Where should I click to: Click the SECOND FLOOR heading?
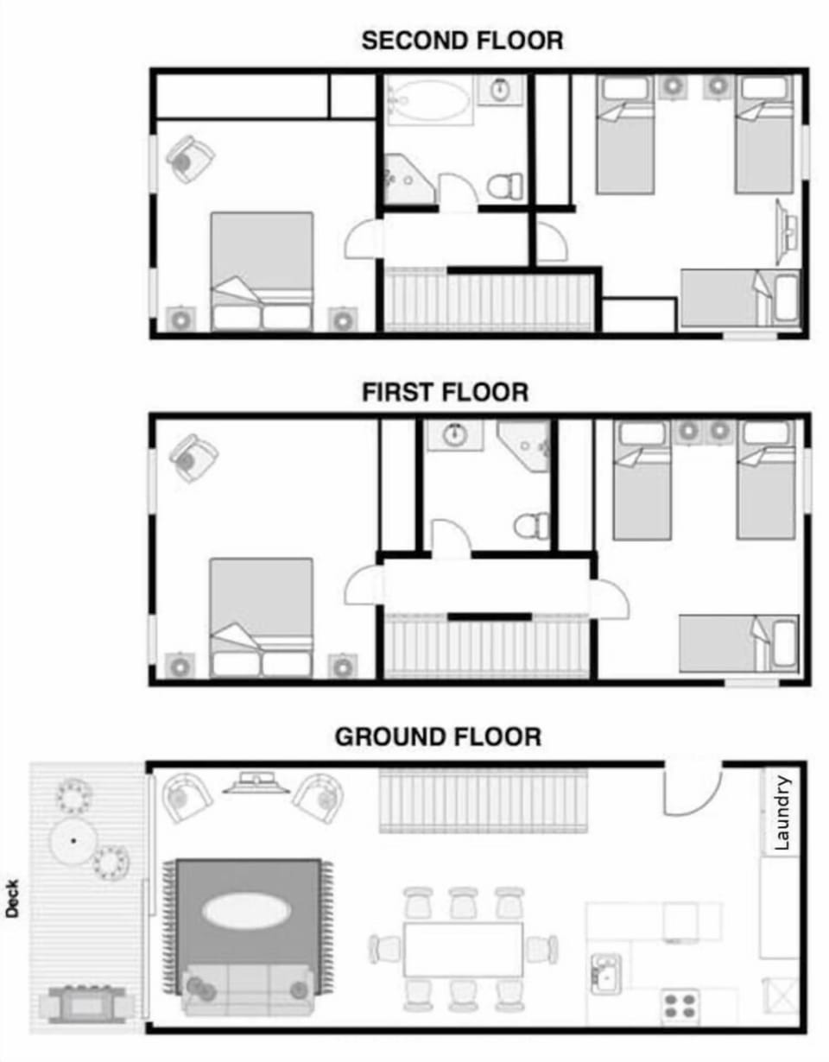[x=462, y=41]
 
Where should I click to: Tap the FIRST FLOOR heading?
[x=445, y=393]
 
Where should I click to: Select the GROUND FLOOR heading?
[x=438, y=737]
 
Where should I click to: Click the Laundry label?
[x=783, y=813]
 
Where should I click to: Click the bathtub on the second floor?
[x=429, y=99]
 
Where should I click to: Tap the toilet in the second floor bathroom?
[x=504, y=185]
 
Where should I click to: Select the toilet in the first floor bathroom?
[x=531, y=525]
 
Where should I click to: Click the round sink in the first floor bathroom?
[x=456, y=435]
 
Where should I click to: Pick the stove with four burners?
[x=680, y=1007]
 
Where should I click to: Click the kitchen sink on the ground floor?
[x=606, y=974]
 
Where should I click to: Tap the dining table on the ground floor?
[x=463, y=949]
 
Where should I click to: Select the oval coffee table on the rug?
[x=245, y=910]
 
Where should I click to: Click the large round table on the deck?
[x=73, y=839]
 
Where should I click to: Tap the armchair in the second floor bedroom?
[x=190, y=158]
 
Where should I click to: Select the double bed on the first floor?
[x=261, y=615]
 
